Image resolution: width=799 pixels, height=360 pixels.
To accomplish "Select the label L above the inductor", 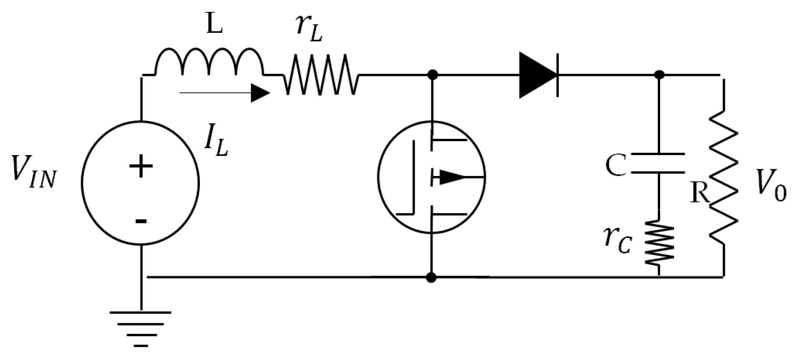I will [214, 26].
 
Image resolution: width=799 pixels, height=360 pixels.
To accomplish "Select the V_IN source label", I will [34, 174].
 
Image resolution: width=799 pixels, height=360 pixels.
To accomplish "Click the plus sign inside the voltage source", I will [141, 166].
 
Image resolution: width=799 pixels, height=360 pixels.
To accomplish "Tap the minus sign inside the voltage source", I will [141, 221].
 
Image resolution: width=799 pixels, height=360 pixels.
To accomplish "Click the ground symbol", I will [141, 328].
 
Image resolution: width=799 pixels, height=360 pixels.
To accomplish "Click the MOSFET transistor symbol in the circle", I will [431, 177].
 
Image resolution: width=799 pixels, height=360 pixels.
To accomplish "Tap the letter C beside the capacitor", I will [616, 165].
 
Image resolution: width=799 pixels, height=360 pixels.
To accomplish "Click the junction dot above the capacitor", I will [659, 74].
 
